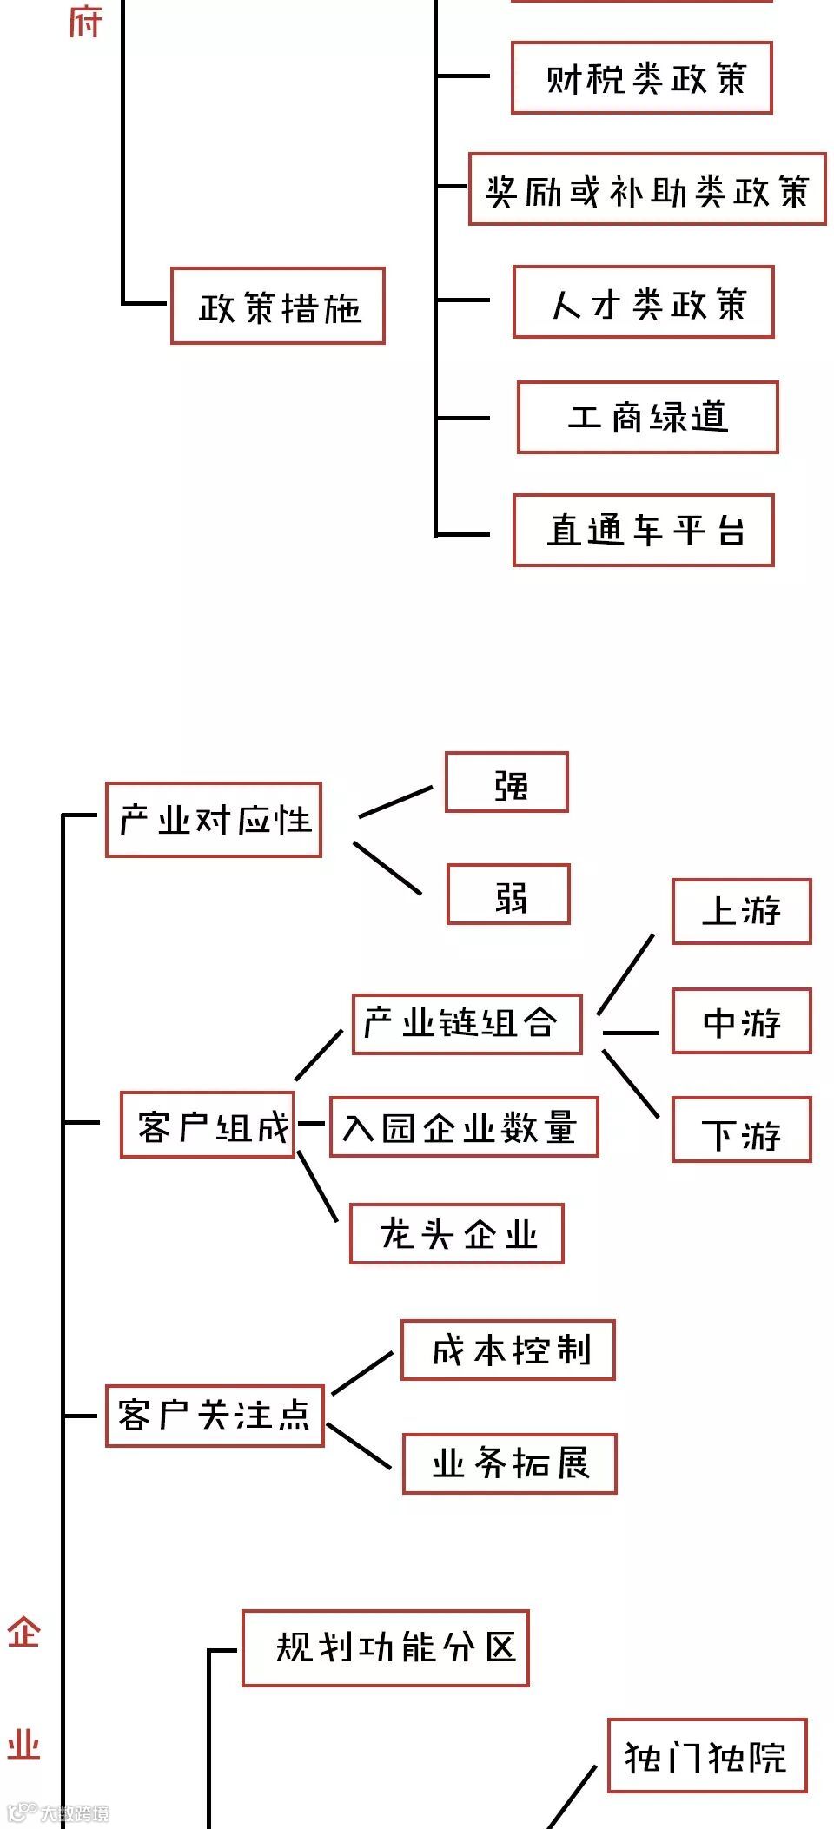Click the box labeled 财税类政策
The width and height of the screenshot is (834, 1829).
[641, 77]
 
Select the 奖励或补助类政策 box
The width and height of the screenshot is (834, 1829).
[646, 189]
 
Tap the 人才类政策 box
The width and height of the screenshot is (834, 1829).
[643, 302]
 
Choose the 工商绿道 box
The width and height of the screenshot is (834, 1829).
[647, 417]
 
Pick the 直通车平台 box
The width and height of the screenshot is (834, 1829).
[643, 530]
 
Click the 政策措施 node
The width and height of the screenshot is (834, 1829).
[277, 306]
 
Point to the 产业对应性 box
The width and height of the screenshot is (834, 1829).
[214, 820]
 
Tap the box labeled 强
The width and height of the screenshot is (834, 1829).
[506, 782]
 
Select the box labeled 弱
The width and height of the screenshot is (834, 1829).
[508, 895]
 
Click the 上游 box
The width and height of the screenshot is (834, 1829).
[741, 911]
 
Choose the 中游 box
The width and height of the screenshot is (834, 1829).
[741, 1021]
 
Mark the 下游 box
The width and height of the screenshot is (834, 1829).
[741, 1130]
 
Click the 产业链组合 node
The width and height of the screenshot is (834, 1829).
[467, 1025]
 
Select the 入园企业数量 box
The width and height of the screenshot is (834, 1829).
[464, 1127]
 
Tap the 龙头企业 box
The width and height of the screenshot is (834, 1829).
[457, 1233]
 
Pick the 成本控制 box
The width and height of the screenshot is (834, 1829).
[507, 1350]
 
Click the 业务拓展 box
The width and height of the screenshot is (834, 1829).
[509, 1463]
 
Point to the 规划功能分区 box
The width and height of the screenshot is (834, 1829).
[385, 1648]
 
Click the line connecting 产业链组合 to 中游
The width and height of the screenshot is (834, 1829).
[631, 1033]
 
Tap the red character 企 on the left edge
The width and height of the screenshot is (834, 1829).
[23, 1633]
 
